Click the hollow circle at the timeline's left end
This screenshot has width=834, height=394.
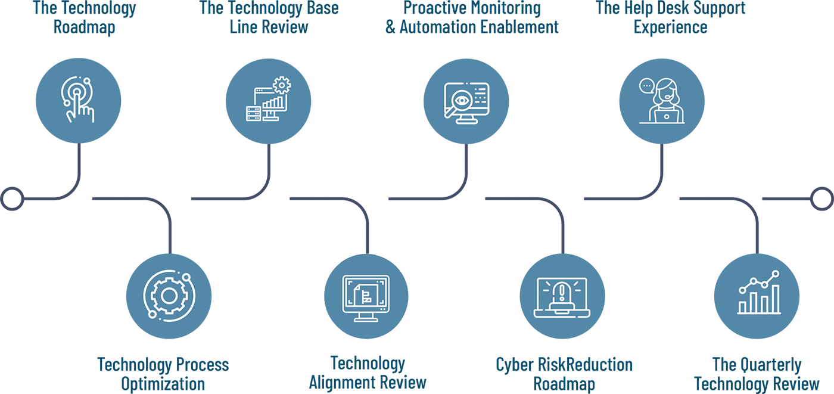[x=13, y=198]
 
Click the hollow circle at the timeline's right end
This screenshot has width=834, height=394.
[x=822, y=198]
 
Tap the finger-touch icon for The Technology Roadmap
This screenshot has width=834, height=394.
[x=79, y=100]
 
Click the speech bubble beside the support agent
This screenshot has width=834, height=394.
[x=646, y=86]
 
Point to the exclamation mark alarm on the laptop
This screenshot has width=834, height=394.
[x=561, y=292]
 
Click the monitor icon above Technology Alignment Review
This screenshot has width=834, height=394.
[x=366, y=297]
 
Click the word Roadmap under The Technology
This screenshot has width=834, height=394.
[x=84, y=27]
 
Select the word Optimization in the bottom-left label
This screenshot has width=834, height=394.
[x=163, y=383]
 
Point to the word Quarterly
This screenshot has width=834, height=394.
[x=767, y=364]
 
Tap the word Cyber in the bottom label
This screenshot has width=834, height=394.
[x=514, y=364]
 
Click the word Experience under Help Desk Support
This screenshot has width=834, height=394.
[x=670, y=27]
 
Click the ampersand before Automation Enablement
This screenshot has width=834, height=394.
[x=391, y=27]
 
